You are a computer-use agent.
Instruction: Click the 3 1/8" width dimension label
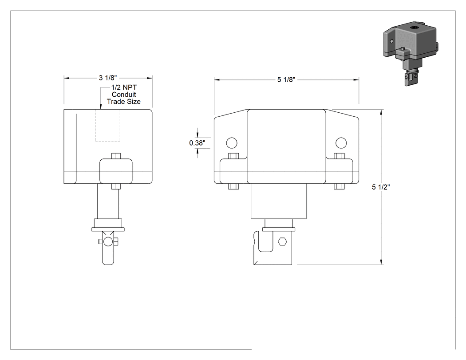click(x=108, y=78)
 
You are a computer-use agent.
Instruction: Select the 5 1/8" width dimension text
click(x=286, y=79)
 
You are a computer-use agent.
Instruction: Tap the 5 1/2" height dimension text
click(x=381, y=187)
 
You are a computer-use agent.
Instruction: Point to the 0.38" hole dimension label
click(x=197, y=143)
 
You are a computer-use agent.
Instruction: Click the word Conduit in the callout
click(x=124, y=95)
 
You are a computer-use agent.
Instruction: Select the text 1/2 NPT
click(x=124, y=87)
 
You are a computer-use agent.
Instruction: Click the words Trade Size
click(x=124, y=102)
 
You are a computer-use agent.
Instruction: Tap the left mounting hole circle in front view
click(x=232, y=143)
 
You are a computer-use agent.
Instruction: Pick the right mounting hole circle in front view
click(x=341, y=143)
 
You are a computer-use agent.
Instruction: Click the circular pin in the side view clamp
click(x=108, y=241)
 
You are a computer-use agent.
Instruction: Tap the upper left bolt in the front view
click(x=233, y=156)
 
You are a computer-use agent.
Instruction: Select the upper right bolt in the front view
click(x=340, y=156)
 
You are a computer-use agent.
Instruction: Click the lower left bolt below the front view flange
click(x=233, y=186)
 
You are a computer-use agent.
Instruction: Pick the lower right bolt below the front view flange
click(x=340, y=186)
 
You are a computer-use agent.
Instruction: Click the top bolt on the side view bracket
click(x=116, y=156)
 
